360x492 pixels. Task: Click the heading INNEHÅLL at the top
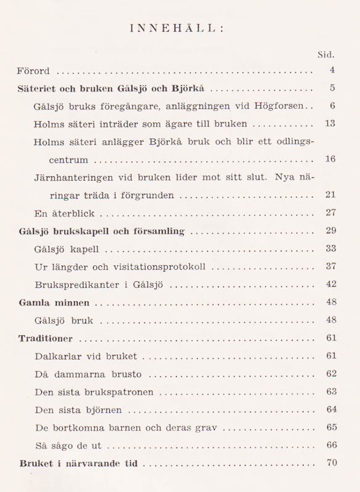(x=180, y=27)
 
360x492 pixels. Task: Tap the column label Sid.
(x=325, y=55)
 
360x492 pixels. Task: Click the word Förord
(x=33, y=71)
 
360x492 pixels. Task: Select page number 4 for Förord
(x=332, y=71)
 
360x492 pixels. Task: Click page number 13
(x=330, y=124)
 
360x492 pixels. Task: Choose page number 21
(x=330, y=195)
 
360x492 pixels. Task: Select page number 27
(x=330, y=213)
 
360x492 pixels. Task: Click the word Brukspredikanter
(x=71, y=285)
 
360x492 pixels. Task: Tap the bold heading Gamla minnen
(x=54, y=303)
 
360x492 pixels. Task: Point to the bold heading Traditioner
(x=46, y=338)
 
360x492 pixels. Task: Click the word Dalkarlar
(x=57, y=356)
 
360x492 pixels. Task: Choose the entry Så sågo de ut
(x=68, y=445)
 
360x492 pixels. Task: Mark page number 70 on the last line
(x=332, y=462)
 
